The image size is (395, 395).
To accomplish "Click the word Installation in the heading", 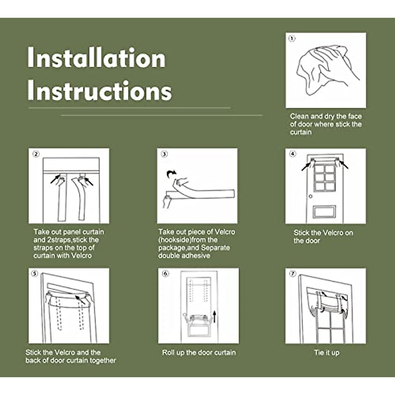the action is pyautogui.click(x=96, y=57).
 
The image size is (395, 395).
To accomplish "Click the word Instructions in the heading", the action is pyautogui.click(x=100, y=91).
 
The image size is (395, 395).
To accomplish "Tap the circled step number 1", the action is pyautogui.click(x=292, y=39).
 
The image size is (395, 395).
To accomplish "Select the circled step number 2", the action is pyautogui.click(x=36, y=154).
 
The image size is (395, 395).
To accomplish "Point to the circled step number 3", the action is pyautogui.click(x=164, y=154).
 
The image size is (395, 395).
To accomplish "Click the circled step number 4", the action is pyautogui.click(x=293, y=153).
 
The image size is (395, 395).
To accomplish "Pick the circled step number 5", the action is pyautogui.click(x=35, y=274).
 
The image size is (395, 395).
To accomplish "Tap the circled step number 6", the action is pyautogui.click(x=166, y=274).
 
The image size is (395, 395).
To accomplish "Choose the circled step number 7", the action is pyautogui.click(x=293, y=274).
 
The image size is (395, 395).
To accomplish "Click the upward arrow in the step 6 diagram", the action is pyautogui.click(x=214, y=317).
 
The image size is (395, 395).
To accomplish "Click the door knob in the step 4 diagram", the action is pyautogui.click(x=310, y=197).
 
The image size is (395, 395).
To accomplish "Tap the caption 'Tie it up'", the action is pyautogui.click(x=327, y=353).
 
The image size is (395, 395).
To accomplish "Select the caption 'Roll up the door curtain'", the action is pyautogui.click(x=199, y=352).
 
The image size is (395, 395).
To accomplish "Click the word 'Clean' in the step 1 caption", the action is pyautogui.click(x=300, y=116).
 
